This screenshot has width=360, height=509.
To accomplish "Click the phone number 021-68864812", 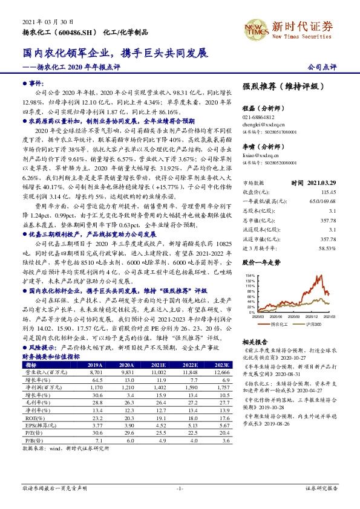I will point(258,117).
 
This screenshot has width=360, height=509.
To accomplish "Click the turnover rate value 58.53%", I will point(327,247).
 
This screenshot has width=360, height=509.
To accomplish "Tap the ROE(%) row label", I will point(32,418).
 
